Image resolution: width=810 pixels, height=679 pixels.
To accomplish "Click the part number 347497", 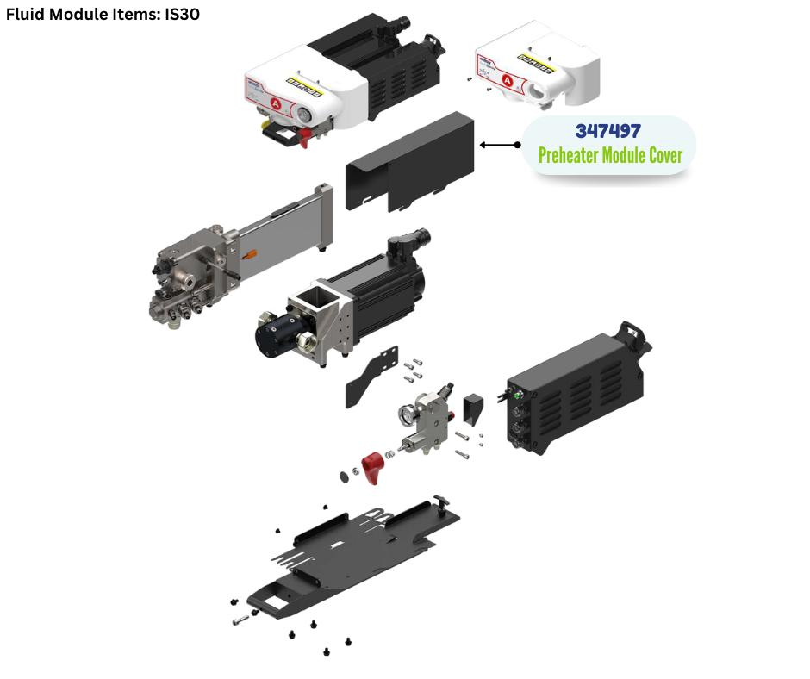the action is click(x=608, y=131).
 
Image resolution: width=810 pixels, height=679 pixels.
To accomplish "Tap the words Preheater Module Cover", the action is click(x=610, y=155).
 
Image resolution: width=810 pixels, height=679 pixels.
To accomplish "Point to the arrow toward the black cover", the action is click(x=500, y=145).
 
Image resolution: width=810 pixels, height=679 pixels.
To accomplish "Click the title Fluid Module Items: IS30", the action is click(x=103, y=14).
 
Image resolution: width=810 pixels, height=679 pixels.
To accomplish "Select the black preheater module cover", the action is click(x=409, y=162).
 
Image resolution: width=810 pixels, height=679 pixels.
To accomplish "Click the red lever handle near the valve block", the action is click(x=372, y=467).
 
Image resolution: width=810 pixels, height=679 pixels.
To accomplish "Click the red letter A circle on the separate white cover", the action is click(x=508, y=80).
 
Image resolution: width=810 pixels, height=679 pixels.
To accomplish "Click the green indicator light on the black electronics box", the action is click(x=516, y=396).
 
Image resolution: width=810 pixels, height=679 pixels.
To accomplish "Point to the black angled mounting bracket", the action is click(x=371, y=377).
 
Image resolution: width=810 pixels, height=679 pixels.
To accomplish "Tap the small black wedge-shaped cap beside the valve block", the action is click(x=473, y=408).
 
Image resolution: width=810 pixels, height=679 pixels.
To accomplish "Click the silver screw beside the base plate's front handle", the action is click(x=240, y=620).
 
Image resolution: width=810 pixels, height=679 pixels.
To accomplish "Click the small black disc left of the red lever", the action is click(x=345, y=477).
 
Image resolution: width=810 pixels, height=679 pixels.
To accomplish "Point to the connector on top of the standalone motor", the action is click(x=409, y=242).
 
